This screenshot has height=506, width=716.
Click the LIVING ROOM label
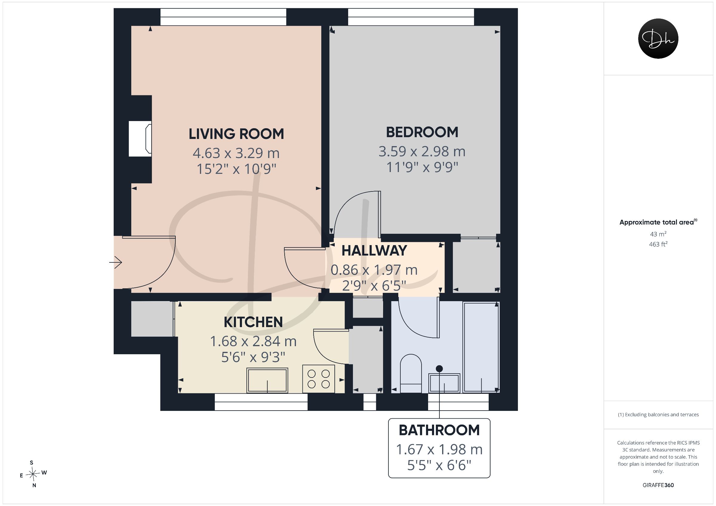[236, 134]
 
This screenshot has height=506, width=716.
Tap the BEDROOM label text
[422, 132]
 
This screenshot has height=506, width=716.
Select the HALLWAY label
[374, 251]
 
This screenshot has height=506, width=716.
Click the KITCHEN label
[253, 322]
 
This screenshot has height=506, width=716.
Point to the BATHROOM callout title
[439, 430]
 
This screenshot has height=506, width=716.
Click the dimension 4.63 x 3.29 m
[236, 153]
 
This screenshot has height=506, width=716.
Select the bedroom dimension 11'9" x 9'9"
[422, 167]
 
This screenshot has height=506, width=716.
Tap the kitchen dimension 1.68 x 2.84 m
[253, 341]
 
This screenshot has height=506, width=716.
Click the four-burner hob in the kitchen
[318, 378]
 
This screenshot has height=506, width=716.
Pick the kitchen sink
[267, 380]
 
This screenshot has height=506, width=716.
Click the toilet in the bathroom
[411, 373]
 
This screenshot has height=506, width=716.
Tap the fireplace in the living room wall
[140, 139]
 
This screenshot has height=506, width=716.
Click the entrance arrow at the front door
[115, 262]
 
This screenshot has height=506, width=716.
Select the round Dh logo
[658, 38]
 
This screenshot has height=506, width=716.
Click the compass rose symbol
[33, 474]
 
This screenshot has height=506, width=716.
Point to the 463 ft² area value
[658, 244]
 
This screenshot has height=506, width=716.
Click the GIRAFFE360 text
[658, 485]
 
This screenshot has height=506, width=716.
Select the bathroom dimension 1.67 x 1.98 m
[439, 450]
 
